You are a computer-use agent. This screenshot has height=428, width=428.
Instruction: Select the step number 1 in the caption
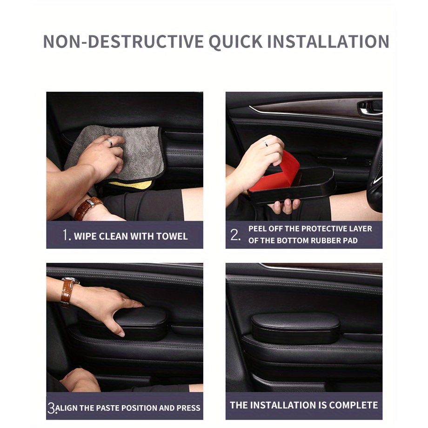66,235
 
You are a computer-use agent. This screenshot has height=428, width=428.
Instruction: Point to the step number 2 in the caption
235,234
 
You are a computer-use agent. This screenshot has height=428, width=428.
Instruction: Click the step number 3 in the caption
52,408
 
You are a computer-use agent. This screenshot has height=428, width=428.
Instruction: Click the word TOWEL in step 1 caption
172,236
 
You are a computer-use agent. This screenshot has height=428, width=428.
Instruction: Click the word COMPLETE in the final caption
354,405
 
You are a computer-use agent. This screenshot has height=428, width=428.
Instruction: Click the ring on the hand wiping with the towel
109,142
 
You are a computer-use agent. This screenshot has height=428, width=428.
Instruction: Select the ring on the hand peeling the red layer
265,143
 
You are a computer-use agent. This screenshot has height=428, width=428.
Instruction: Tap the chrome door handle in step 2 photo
370,107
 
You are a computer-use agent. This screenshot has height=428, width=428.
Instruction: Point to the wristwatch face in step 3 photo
71,280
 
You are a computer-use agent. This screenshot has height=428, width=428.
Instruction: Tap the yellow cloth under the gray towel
131,185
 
